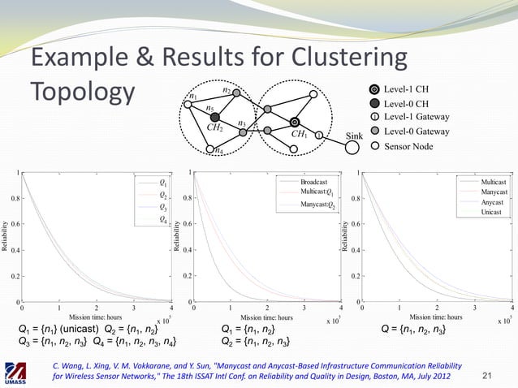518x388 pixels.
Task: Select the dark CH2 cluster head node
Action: (215, 117)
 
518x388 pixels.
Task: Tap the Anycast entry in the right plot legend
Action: (491, 201)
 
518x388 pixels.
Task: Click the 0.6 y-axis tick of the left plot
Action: (15, 224)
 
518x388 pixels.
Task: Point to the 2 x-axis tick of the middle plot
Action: (267, 308)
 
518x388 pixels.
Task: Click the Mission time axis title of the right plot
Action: (436, 317)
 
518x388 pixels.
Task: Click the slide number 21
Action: (488, 373)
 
